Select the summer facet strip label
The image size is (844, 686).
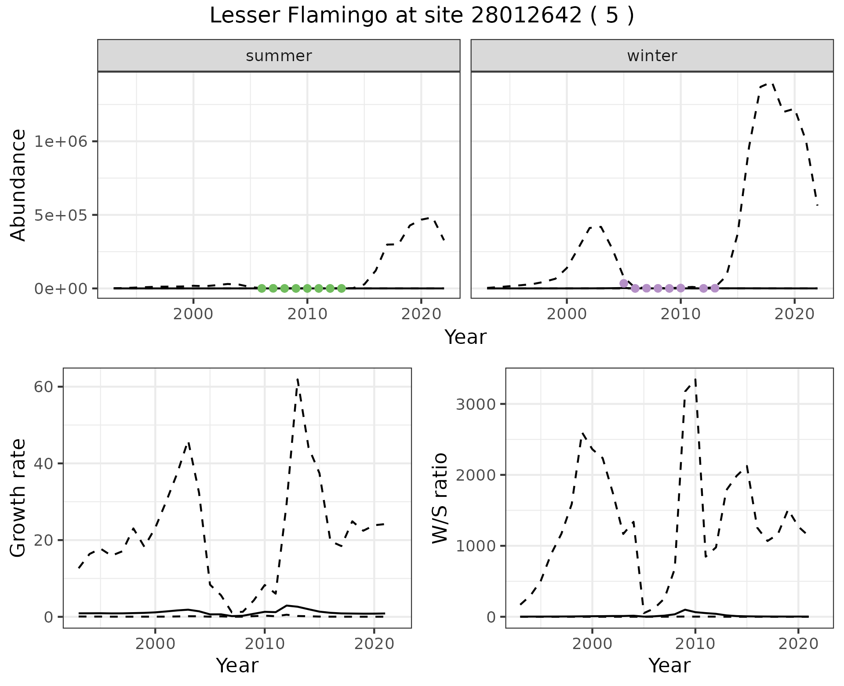pyautogui.click(x=279, y=56)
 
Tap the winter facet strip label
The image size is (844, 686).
pyautogui.click(x=652, y=56)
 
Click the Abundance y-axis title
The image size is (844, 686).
pyautogui.click(x=18, y=185)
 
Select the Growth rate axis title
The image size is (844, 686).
pyautogui.click(x=18, y=498)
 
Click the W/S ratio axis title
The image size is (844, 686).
pyautogui.click(x=440, y=498)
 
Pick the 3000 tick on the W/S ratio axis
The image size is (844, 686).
pyautogui.click(x=476, y=404)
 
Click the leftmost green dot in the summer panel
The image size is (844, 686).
pyautogui.click(x=262, y=288)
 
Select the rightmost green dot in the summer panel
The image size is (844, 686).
pyautogui.click(x=342, y=288)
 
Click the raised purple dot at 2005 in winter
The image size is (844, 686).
pyautogui.click(x=623, y=283)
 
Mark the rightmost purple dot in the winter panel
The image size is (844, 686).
pyautogui.click(x=715, y=288)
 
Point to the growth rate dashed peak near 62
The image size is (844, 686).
pyautogui.click(x=298, y=379)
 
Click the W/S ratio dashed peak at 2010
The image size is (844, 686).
pyautogui.click(x=695, y=379)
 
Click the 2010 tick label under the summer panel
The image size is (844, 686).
pyautogui.click(x=307, y=314)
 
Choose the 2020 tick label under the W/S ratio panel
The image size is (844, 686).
pyautogui.click(x=798, y=644)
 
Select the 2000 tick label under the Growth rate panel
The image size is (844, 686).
pyautogui.click(x=155, y=644)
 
